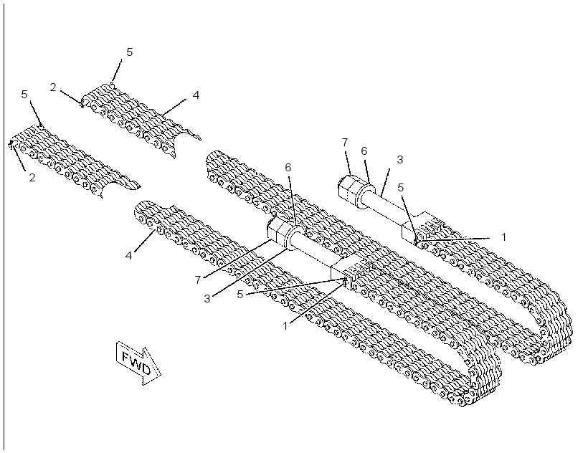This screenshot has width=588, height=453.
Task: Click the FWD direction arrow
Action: [138, 363]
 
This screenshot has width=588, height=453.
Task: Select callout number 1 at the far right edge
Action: [503, 237]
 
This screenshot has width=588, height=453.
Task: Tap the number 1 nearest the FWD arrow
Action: [285, 326]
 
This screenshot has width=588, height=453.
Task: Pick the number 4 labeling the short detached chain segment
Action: [196, 95]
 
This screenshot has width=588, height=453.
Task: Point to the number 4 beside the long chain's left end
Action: [128, 257]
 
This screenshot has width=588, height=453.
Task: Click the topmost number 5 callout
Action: [129, 52]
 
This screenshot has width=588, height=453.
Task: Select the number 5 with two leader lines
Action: [240, 295]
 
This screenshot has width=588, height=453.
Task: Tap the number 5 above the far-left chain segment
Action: [24, 95]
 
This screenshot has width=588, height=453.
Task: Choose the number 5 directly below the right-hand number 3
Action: [401, 188]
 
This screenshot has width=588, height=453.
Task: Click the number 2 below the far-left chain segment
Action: [32, 177]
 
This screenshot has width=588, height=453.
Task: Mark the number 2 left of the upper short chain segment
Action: [53, 87]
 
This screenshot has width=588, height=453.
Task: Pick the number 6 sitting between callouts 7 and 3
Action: [364, 151]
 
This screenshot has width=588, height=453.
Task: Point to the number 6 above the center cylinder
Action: [288, 168]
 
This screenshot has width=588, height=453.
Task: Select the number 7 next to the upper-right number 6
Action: [345, 143]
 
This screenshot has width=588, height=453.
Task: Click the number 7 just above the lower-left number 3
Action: [198, 280]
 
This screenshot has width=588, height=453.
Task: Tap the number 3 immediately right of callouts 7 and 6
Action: [399, 159]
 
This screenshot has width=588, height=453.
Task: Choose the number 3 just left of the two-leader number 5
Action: [207, 299]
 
